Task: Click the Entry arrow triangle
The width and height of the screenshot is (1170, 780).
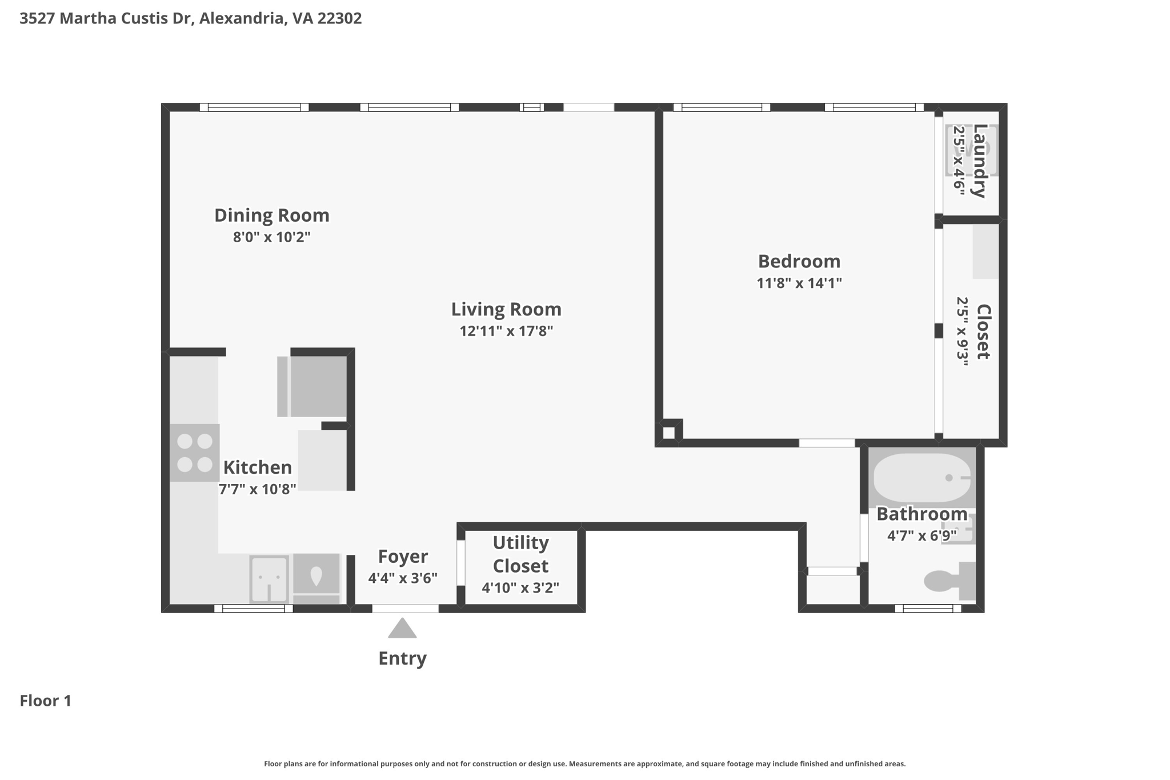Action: click(x=402, y=628)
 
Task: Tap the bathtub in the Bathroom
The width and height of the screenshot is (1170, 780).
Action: click(x=922, y=478)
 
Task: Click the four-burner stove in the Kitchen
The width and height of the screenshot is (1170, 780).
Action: click(x=195, y=453)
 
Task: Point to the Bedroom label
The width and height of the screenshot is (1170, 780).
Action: click(x=799, y=261)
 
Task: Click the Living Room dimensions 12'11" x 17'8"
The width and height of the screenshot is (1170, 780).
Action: click(x=506, y=331)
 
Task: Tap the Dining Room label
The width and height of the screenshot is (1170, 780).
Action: click(x=272, y=215)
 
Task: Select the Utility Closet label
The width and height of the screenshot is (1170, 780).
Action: click(x=520, y=554)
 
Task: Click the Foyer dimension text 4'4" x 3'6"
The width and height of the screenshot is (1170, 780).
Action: click(x=403, y=578)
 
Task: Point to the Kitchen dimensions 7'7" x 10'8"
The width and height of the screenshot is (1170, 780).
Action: click(x=258, y=489)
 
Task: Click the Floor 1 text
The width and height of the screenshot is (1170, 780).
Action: click(x=46, y=701)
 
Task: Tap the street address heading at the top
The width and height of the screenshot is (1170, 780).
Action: click(x=191, y=18)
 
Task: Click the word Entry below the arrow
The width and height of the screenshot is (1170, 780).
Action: click(x=403, y=658)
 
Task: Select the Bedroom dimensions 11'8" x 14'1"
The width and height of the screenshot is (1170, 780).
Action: click(x=799, y=283)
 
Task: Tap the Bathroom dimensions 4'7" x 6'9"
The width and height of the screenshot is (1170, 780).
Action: click(x=922, y=536)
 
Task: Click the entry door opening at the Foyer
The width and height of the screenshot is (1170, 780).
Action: click(x=406, y=609)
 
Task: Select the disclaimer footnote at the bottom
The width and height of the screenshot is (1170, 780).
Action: click(x=585, y=763)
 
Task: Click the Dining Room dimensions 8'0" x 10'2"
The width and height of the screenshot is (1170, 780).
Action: click(x=272, y=237)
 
